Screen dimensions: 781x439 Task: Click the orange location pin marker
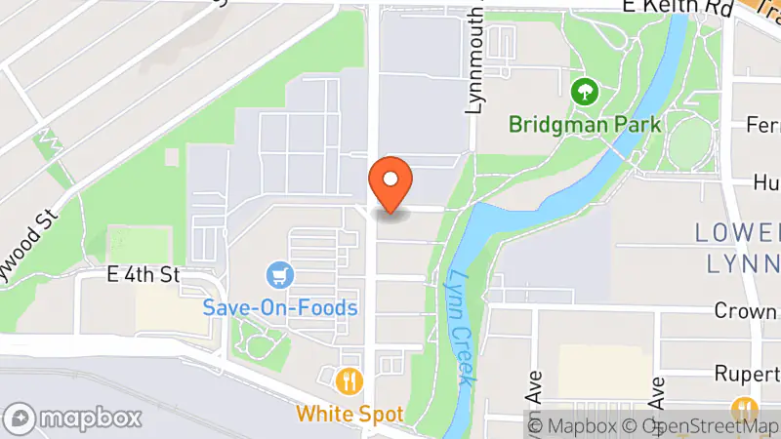(390, 182)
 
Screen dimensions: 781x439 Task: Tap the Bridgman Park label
(585, 125)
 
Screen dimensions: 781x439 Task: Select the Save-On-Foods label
(280, 307)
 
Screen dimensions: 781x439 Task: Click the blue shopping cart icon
(281, 274)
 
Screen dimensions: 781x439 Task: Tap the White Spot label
(349, 413)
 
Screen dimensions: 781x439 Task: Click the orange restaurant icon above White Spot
(349, 379)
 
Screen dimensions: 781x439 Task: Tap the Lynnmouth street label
(475, 59)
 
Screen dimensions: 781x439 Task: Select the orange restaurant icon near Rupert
(747, 407)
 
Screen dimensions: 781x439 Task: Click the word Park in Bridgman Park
(640, 125)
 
